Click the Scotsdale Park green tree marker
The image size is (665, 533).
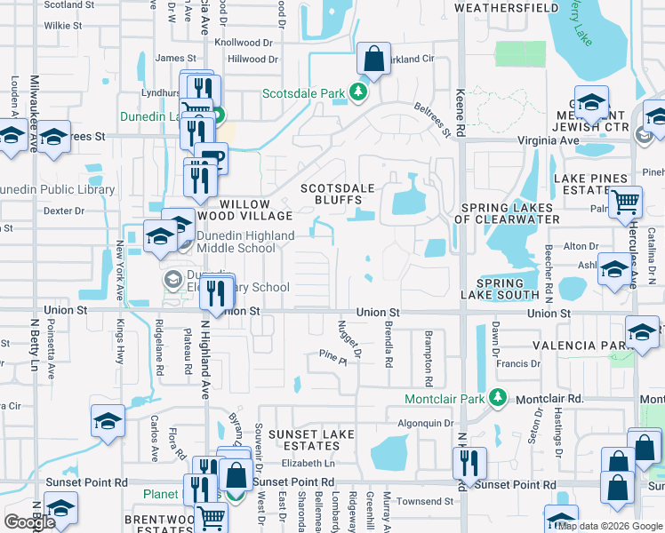click(x=358, y=91)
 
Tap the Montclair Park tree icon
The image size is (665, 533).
click(x=499, y=398)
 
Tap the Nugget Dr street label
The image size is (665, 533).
click(x=349, y=340)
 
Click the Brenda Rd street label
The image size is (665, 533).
click(x=388, y=345)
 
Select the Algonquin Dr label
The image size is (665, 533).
click(x=425, y=424)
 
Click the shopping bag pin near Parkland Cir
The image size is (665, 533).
click(x=374, y=60)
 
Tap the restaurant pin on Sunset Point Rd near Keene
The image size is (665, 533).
click(x=469, y=463)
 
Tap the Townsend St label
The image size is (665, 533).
click(x=424, y=502)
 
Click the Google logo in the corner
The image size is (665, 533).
click(x=29, y=522)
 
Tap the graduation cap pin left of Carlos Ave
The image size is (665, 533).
click(x=108, y=422)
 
